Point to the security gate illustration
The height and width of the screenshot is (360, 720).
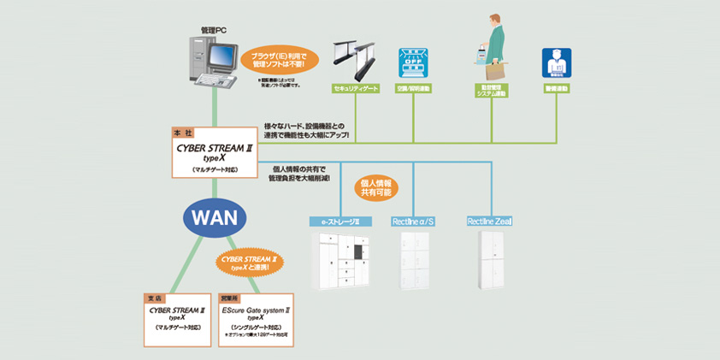pyautogui.click(x=356, y=57)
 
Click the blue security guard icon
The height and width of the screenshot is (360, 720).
pyautogui.click(x=557, y=63)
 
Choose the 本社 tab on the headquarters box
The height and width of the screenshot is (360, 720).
pyautogui.click(x=183, y=133)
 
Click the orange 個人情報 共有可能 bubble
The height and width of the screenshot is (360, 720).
pyautogui.click(x=376, y=188)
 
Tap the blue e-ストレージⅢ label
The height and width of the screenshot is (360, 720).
pyautogui.click(x=340, y=222)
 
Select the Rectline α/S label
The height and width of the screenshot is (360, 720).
pyautogui.click(x=414, y=222)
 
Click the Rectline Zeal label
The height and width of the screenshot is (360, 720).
pyautogui.click(x=491, y=222)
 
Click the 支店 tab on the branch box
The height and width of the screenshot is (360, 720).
pyautogui.click(x=155, y=298)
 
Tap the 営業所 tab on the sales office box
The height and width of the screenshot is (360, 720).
pyautogui.click(x=230, y=298)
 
